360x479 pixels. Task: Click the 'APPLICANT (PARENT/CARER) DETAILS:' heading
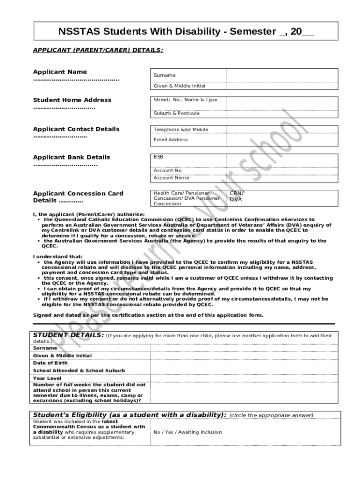click(98, 49)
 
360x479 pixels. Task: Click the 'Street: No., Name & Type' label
click(186, 100)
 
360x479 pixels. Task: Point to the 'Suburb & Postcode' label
click(177, 114)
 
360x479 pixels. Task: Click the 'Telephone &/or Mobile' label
click(181, 130)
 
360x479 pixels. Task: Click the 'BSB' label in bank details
click(158, 157)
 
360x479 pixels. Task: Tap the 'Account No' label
click(167, 171)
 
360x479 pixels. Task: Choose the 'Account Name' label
click(172, 178)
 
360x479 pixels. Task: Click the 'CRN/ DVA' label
click(236, 196)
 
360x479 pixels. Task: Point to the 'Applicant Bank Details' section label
click(72, 157)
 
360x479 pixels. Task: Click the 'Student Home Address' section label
click(72, 100)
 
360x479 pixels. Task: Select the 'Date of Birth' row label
click(50, 363)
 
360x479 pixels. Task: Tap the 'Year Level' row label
click(47, 378)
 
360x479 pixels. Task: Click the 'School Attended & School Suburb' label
click(79, 370)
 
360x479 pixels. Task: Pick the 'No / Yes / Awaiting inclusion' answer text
click(187, 432)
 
